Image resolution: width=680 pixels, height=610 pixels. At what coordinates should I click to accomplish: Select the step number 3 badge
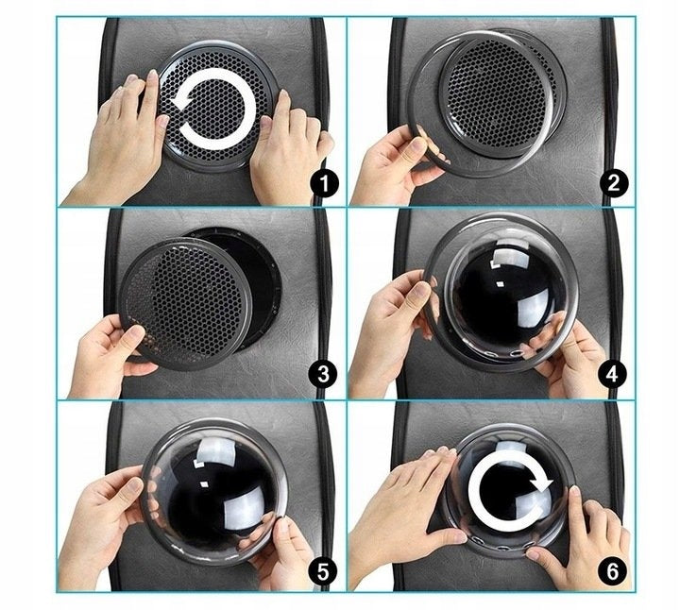coord(324,374)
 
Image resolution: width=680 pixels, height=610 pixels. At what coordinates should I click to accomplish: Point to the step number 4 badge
coord(612,374)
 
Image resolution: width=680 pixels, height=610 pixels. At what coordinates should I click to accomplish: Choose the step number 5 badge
coord(324,571)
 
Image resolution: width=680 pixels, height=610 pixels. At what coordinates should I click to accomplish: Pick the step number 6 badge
coord(612,571)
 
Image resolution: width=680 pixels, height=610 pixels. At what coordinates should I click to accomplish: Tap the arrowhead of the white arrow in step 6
coord(542,482)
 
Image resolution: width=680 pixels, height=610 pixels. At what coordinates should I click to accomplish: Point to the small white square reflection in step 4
coord(500,284)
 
